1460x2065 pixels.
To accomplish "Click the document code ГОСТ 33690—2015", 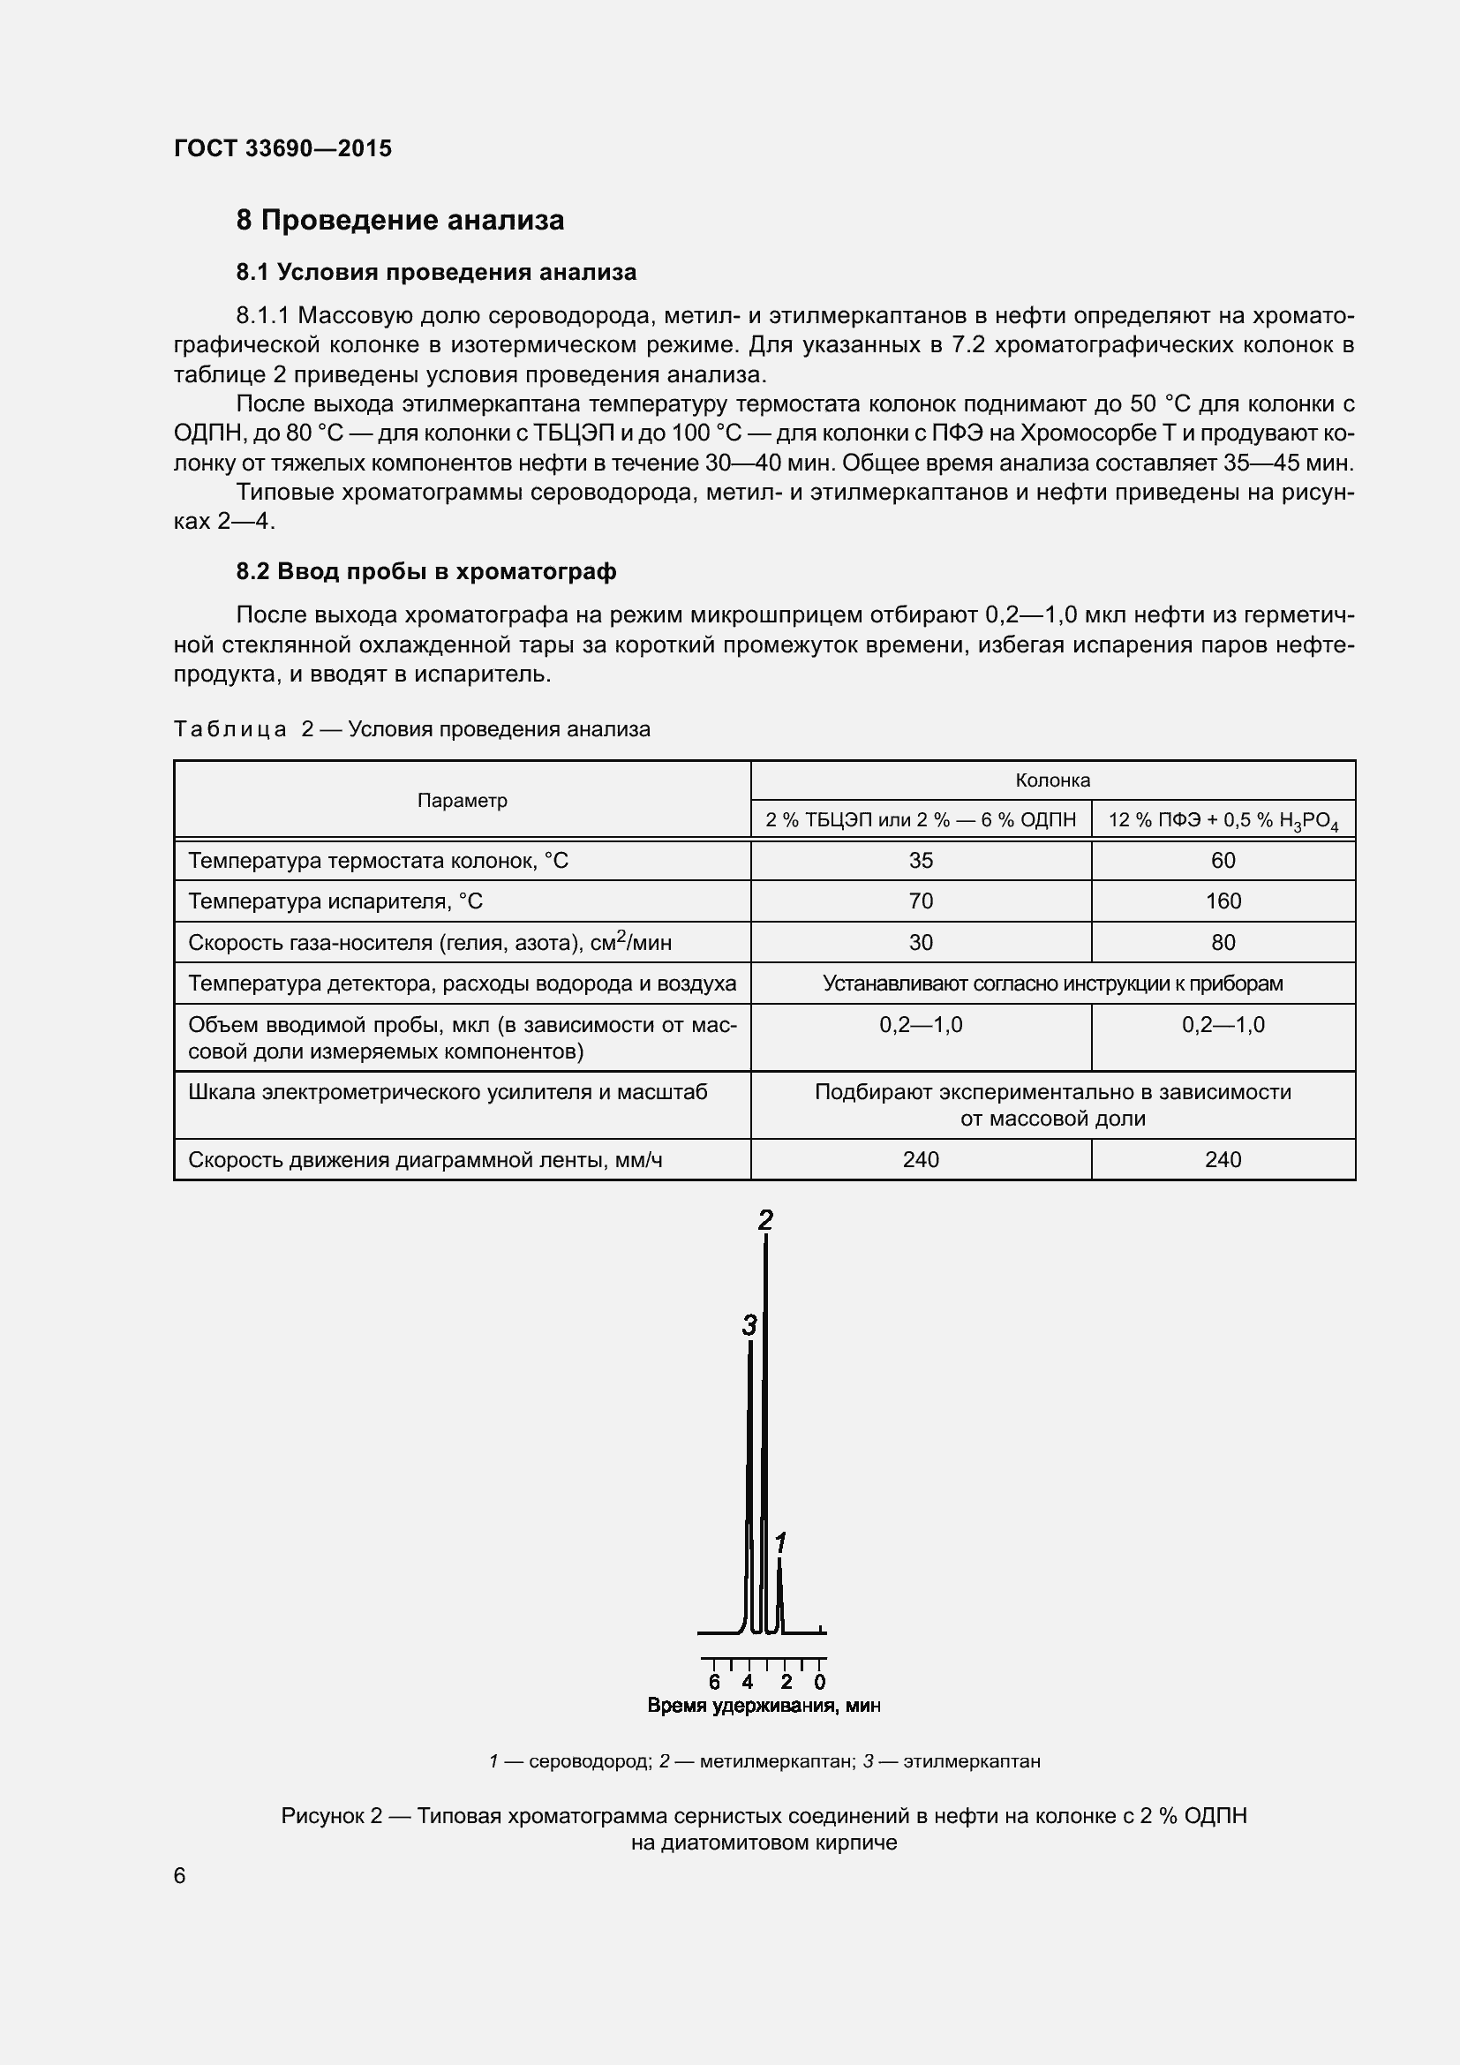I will click(x=283, y=148).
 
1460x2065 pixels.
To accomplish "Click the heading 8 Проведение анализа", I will click(x=400, y=221).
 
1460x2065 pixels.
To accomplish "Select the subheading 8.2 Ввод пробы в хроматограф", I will click(x=426, y=571).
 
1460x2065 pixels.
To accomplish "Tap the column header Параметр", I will click(x=462, y=801).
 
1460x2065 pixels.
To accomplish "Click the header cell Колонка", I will click(x=1053, y=780).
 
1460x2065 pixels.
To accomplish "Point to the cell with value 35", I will click(x=921, y=861).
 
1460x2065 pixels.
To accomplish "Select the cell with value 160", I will click(x=1223, y=901).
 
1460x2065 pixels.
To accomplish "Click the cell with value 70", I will click(x=921, y=901).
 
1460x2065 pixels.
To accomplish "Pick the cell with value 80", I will click(x=1223, y=943).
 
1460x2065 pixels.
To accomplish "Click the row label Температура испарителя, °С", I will click(x=335, y=901).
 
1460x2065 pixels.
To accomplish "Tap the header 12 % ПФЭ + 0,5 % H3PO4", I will click(x=1223, y=820).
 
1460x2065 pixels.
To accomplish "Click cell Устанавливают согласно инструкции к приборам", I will click(x=1053, y=983).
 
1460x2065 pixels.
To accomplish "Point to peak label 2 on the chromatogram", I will click(x=765, y=1220).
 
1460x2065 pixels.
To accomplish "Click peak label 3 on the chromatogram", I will click(x=749, y=1325).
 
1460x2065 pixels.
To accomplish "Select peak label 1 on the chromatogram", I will click(x=780, y=1543).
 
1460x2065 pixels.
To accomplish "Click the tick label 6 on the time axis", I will click(x=714, y=1682).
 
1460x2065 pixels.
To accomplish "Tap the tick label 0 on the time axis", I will click(x=819, y=1682).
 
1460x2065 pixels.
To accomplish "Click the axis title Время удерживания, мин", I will click(x=764, y=1707).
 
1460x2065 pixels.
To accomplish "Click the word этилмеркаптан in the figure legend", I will click(x=971, y=1761).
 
